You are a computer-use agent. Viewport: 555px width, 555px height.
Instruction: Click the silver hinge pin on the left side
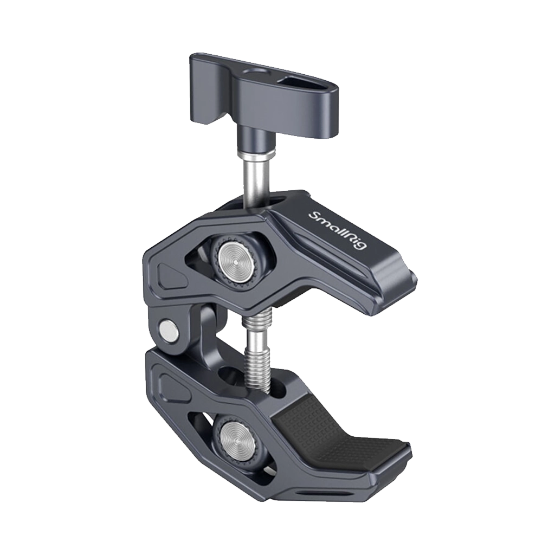click(x=167, y=329)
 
